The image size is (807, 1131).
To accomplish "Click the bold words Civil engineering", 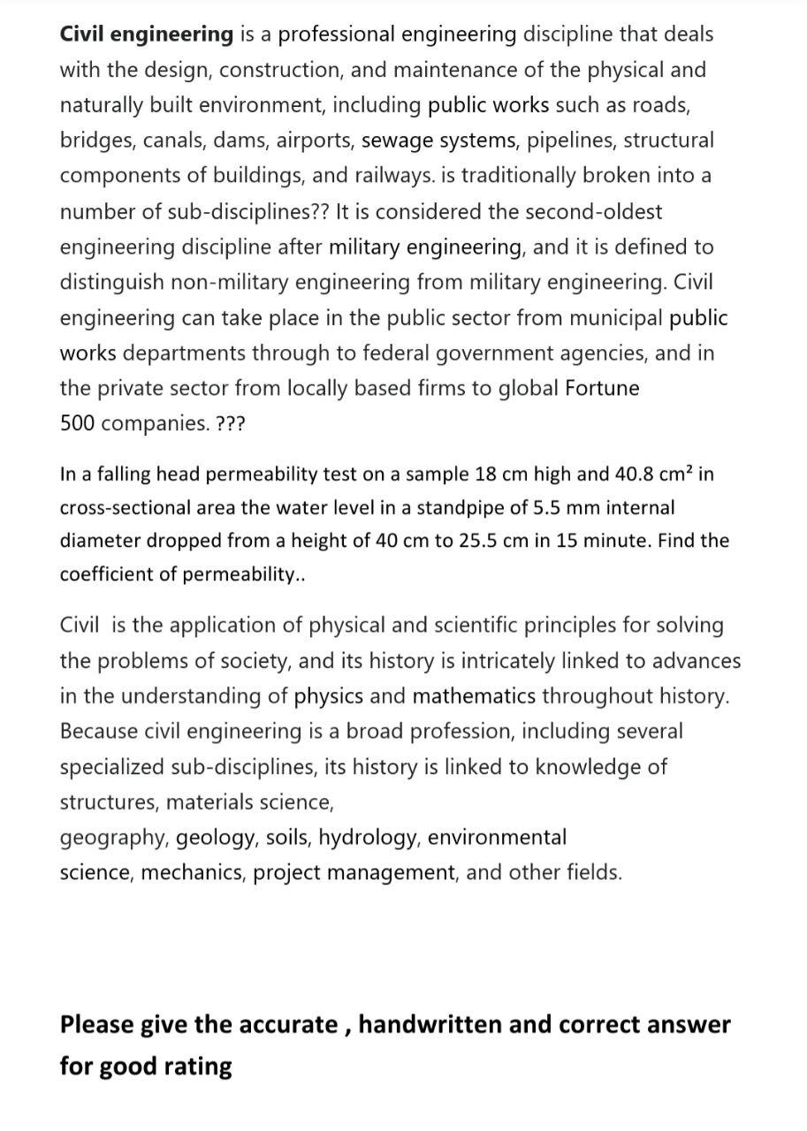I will point(146,34).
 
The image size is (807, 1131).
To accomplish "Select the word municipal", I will point(612,317).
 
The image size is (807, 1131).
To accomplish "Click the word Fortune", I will point(602,388).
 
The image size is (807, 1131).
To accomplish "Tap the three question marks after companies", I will point(232,423).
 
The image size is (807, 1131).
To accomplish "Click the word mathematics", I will point(474,696).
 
